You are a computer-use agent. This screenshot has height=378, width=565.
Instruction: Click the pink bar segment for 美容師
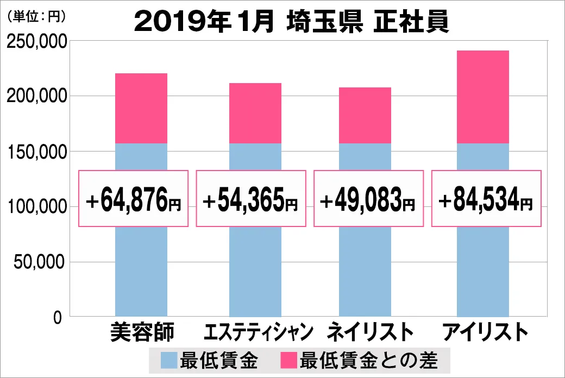141,108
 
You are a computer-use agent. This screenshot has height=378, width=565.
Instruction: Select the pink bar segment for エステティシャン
255,113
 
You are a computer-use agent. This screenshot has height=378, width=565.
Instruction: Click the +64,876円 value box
134,199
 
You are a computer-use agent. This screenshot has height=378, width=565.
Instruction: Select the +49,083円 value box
368,199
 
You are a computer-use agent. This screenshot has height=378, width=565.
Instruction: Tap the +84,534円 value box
486,199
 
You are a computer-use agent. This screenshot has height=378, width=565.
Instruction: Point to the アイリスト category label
484,332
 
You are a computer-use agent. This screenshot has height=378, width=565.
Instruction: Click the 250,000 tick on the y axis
36,42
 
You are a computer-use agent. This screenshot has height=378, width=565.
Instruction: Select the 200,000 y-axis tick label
36,97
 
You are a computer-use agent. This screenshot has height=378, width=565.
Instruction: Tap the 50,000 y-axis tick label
40,262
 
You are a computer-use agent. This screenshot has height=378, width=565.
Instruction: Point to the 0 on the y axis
58,317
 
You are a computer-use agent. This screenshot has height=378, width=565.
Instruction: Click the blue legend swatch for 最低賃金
169,360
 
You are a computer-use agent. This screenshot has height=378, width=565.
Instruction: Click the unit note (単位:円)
36,17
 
